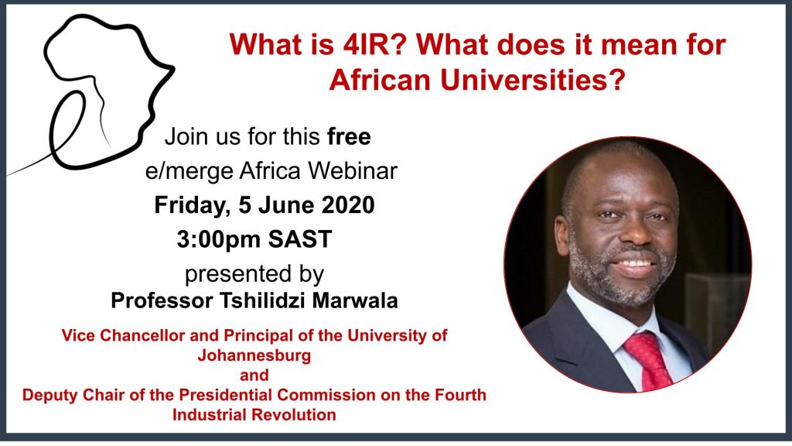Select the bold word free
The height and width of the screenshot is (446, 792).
coord(349,136)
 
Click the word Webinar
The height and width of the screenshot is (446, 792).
coord(353,171)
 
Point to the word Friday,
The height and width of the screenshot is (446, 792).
coord(193,206)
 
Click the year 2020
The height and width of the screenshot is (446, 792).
coord(348,204)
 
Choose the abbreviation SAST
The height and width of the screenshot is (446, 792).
coord(299,239)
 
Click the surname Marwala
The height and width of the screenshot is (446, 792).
coord(355,300)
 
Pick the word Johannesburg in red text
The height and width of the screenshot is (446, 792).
coord(254,355)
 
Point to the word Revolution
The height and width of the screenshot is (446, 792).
coord(293,415)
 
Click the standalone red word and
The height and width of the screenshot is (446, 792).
coord(254,376)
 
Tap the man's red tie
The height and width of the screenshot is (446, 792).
coord(650,360)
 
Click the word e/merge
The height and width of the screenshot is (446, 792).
coord(189,172)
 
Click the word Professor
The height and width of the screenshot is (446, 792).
coord(162,300)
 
